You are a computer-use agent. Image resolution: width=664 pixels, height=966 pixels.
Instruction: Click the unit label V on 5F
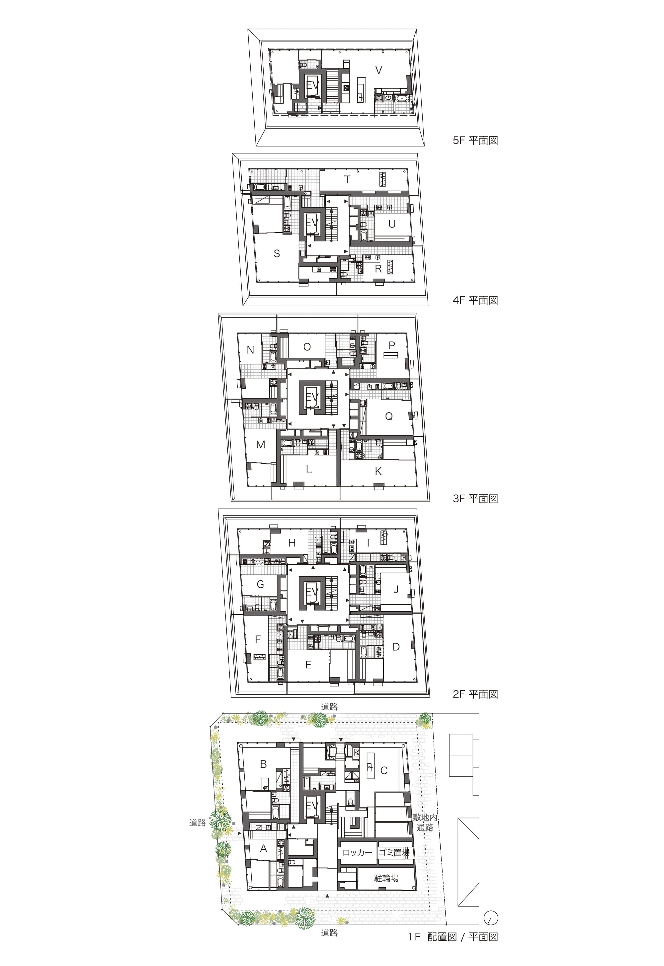point(378,70)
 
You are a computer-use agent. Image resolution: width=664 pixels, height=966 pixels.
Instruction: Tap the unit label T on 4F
point(347,180)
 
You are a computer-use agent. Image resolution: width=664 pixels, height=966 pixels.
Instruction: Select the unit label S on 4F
point(277,253)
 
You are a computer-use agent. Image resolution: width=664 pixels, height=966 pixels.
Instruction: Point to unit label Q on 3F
point(389,416)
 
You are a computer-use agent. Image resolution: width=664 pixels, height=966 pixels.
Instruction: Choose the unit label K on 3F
point(378,471)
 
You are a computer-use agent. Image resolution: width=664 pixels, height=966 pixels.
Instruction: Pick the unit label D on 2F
point(396,646)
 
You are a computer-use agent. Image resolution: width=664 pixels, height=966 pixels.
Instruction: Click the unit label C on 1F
point(384,771)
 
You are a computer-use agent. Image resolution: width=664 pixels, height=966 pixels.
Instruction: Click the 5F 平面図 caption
point(475,140)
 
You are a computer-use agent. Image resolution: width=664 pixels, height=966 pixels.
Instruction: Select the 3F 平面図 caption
point(475,499)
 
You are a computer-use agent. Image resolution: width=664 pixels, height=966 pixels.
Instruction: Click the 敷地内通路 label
point(425,822)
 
